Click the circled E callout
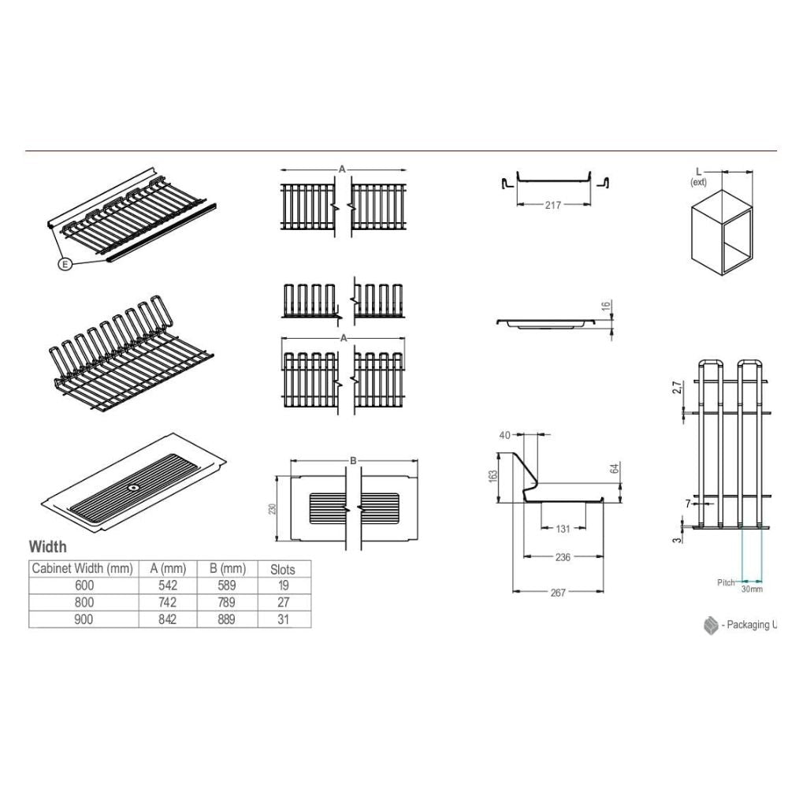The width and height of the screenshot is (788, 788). (65, 263)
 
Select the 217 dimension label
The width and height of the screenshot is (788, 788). (553, 205)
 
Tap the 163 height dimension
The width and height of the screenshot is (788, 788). (492, 477)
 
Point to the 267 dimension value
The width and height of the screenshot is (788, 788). (558, 593)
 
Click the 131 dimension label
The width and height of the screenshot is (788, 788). (563, 529)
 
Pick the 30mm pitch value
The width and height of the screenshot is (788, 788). (752, 589)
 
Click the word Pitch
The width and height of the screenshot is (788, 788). (726, 582)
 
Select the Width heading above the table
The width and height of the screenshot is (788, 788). (48, 547)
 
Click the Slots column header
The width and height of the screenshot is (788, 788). (283, 570)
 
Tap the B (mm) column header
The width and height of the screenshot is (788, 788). (228, 569)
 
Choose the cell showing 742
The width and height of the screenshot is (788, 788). (167, 602)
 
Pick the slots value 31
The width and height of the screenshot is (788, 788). (284, 619)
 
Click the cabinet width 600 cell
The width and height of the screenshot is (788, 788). (84, 585)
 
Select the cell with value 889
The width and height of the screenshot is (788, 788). (227, 619)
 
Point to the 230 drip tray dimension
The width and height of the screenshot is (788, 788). (273, 508)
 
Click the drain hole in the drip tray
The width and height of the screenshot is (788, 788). (134, 488)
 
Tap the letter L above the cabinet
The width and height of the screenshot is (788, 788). (698, 173)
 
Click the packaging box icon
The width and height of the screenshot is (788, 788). (711, 625)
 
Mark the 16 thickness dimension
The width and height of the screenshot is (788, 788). (606, 305)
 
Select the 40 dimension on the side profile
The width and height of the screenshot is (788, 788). (504, 435)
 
